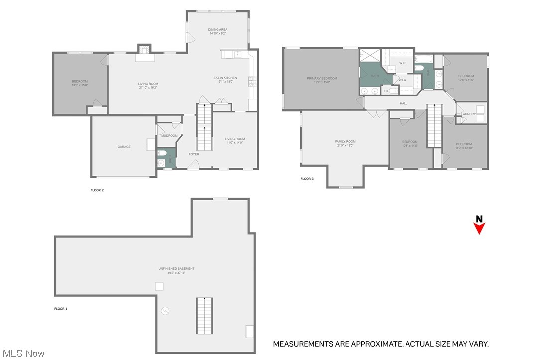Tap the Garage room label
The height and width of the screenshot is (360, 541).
124,147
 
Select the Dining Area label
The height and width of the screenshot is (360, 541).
217,30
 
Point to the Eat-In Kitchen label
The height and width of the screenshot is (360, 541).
225,78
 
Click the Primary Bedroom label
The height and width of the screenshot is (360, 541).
322,78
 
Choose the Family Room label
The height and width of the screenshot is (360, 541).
345,142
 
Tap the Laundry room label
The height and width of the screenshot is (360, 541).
469,114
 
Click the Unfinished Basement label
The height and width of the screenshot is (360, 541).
177,269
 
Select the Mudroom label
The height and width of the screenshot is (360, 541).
169,135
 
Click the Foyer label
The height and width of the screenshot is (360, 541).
194,154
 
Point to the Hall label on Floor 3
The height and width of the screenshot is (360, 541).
404,103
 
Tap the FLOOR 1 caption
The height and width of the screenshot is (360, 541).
61,309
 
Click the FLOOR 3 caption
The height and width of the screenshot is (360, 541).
307,179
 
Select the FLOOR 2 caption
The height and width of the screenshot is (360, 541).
97,190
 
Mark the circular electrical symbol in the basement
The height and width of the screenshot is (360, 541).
165,311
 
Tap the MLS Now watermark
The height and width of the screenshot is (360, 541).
22,353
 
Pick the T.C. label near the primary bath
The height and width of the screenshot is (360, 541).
386,91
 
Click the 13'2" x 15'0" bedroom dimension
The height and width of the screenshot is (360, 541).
80,85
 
